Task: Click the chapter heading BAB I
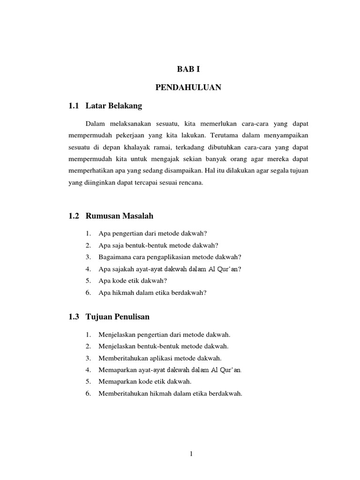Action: pos(188,69)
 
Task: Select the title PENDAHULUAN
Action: pos(188,88)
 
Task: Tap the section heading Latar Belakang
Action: pos(113,106)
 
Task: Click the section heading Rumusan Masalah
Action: pos(120,216)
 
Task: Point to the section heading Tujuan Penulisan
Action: pos(118,317)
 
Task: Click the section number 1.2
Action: pos(74,216)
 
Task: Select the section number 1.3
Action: pos(74,317)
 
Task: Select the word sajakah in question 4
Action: pos(121,269)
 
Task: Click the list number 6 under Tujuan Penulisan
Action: pos(88,394)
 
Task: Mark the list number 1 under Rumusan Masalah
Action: pos(88,233)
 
